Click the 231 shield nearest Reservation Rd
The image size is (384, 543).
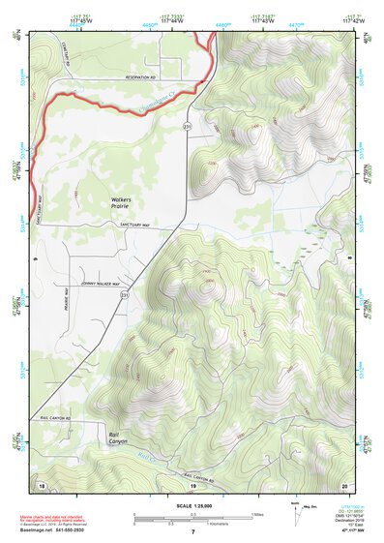coord(189,126)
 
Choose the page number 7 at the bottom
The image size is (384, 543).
coord(192,532)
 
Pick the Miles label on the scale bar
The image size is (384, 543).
coord(256,514)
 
